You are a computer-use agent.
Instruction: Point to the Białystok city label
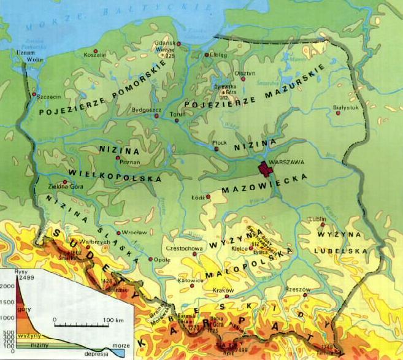point(345,106)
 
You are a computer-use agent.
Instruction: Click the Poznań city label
point(130,162)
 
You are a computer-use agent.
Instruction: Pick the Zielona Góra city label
point(58,186)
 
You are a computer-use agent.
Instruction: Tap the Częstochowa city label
point(185,248)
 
